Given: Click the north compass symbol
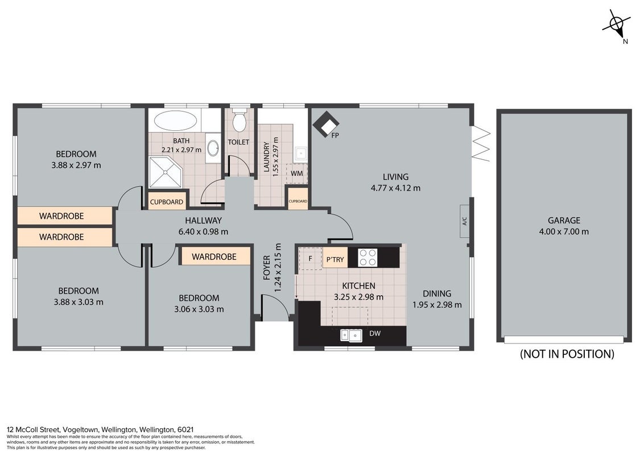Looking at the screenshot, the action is pyautogui.click(x=617, y=24).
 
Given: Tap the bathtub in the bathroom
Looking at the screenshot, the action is pyautogui.click(x=175, y=121).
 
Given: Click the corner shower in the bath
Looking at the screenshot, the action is pyautogui.click(x=165, y=172).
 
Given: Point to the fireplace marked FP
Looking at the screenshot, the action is pyautogui.click(x=326, y=125).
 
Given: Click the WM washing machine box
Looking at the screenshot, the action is pyautogui.click(x=296, y=173).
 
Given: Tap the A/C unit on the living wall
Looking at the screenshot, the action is pyautogui.click(x=465, y=221).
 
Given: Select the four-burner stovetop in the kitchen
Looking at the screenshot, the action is pyautogui.click(x=368, y=258).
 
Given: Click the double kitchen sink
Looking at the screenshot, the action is pyautogui.click(x=351, y=336).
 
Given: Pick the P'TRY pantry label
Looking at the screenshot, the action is pyautogui.click(x=335, y=259).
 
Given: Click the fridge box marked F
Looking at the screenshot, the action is pyautogui.click(x=310, y=258).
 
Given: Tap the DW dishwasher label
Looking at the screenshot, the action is pyautogui.click(x=374, y=333).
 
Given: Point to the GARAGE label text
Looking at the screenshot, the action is pyautogui.click(x=564, y=220).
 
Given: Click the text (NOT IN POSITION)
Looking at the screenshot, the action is pyautogui.click(x=567, y=354).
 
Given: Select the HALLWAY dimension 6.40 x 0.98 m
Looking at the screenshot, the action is pyautogui.click(x=203, y=231).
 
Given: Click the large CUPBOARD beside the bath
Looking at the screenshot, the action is pyautogui.click(x=166, y=202).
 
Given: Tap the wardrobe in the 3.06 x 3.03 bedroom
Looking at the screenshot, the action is pyautogui.click(x=215, y=257).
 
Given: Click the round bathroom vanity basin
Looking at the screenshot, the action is pyautogui.click(x=213, y=148).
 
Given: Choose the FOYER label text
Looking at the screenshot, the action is pyautogui.click(x=267, y=268).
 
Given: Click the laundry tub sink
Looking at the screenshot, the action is pyautogui.click(x=300, y=153).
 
